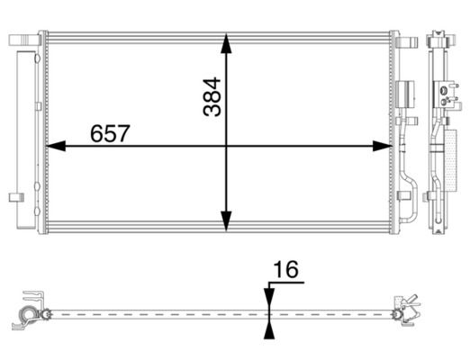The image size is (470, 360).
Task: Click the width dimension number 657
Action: pos(110,133)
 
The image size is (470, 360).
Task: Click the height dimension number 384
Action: pos(212,97)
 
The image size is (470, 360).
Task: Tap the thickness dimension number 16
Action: pos(286,269)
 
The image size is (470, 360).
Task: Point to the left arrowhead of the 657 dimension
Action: pos(56,146)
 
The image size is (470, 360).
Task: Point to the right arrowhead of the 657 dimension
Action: pos(382,146)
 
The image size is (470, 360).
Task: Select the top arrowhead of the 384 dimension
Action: pos(226,43)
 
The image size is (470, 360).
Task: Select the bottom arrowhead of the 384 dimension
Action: pos(226,220)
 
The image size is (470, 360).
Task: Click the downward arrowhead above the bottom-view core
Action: pos(269,298)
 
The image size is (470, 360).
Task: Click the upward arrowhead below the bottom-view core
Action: pos(269,329)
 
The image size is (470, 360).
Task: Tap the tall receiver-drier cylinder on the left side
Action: pos(26,139)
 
